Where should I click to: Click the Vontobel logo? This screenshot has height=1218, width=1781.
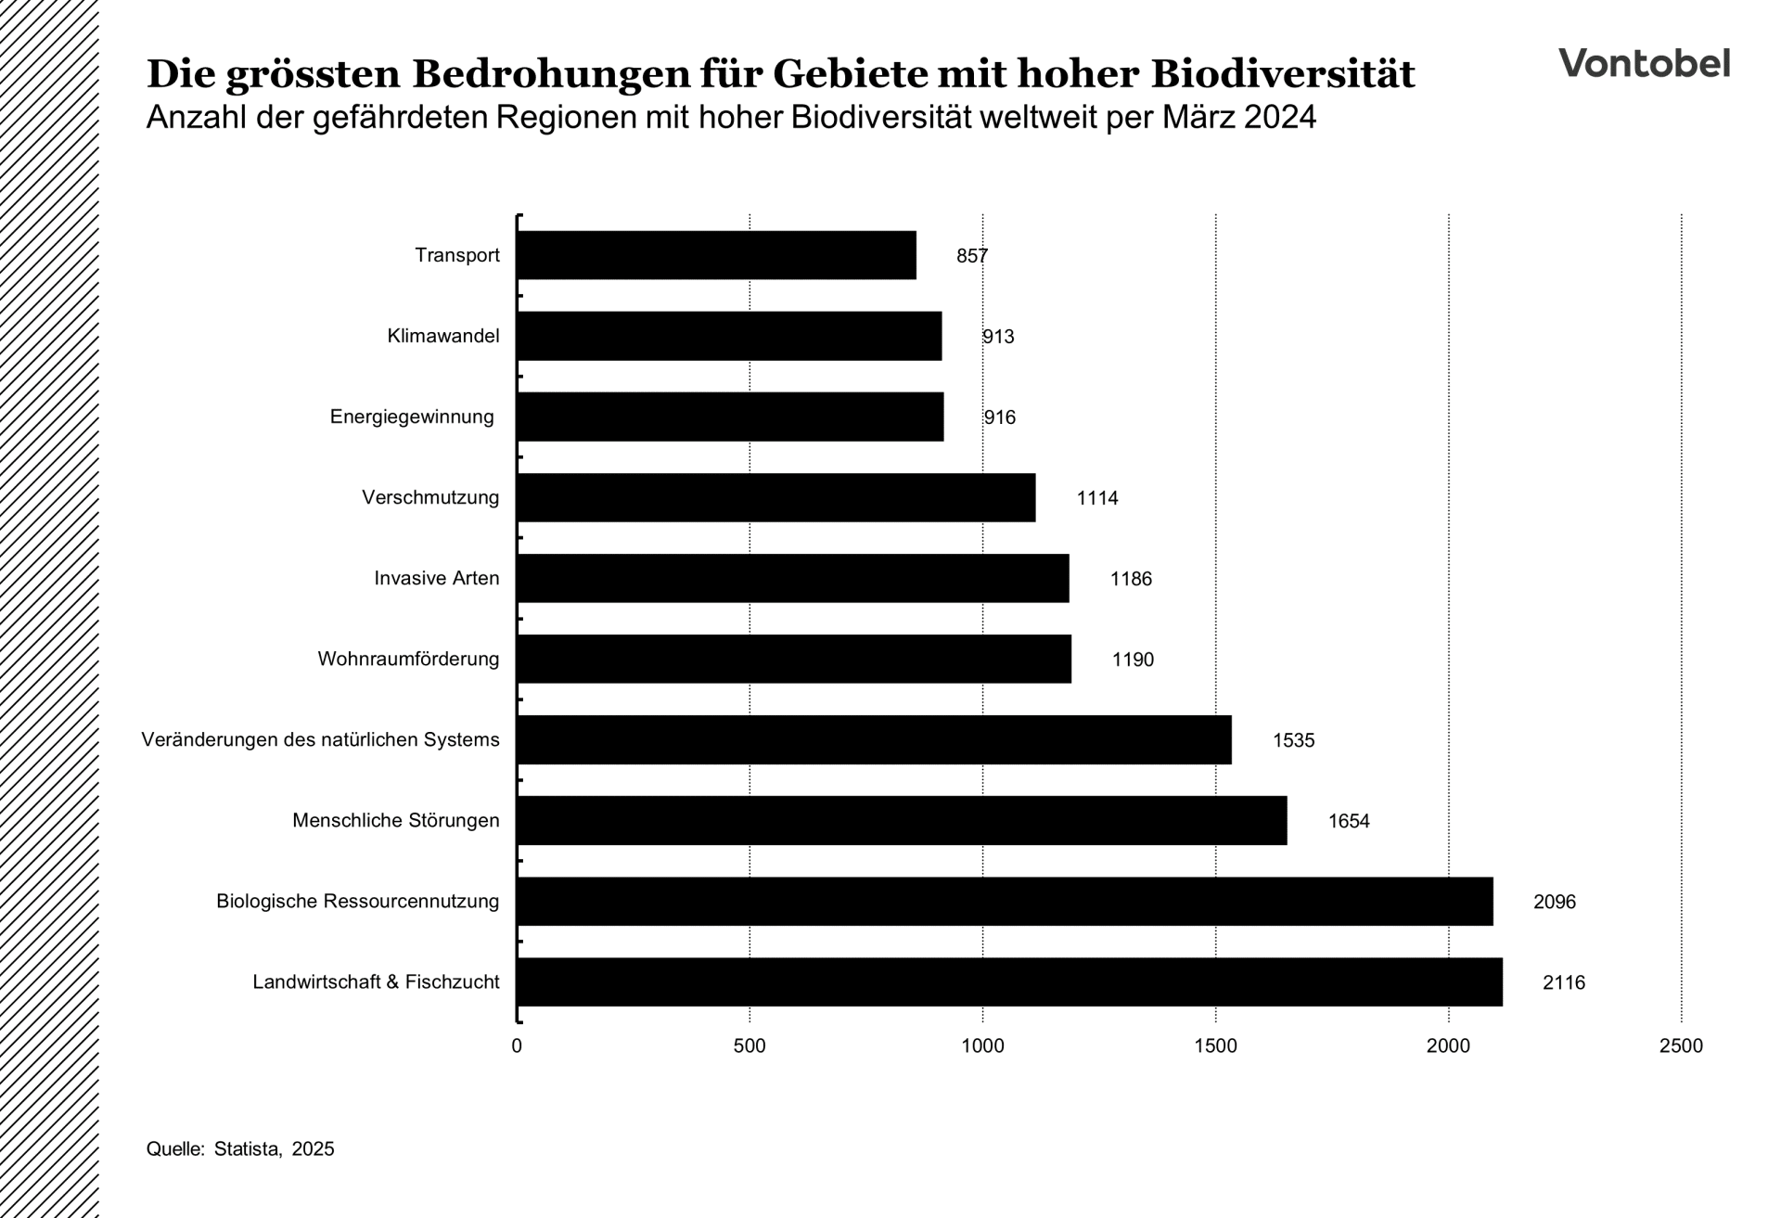coord(1644,63)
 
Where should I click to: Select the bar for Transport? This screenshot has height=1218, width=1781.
coord(716,255)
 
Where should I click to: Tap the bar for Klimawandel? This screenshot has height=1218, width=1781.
coord(729,336)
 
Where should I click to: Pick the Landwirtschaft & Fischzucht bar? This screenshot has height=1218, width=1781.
coord(1009,981)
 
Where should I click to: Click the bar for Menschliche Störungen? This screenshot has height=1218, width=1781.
coord(902,820)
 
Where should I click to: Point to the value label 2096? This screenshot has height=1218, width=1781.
coord(1554,902)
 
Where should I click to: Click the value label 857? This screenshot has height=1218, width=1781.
coord(972,256)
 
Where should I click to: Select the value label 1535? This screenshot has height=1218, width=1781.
coord(1293,740)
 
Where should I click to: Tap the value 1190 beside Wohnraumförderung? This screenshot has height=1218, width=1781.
coord(1133,660)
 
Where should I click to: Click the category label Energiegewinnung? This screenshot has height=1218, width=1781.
coord(412,417)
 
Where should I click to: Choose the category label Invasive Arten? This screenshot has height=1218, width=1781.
coord(436,578)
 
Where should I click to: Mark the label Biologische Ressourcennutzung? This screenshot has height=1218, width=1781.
coord(357,901)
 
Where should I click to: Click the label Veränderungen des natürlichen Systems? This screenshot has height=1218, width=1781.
coord(320,739)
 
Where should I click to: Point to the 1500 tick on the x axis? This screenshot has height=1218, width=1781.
coord(1215,1046)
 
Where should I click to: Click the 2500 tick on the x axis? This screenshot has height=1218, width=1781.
coord(1680,1046)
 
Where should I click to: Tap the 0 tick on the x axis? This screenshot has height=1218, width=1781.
coord(517,1046)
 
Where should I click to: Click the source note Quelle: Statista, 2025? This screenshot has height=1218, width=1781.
coord(240,1148)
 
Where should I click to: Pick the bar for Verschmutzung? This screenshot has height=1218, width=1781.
coord(775,497)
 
